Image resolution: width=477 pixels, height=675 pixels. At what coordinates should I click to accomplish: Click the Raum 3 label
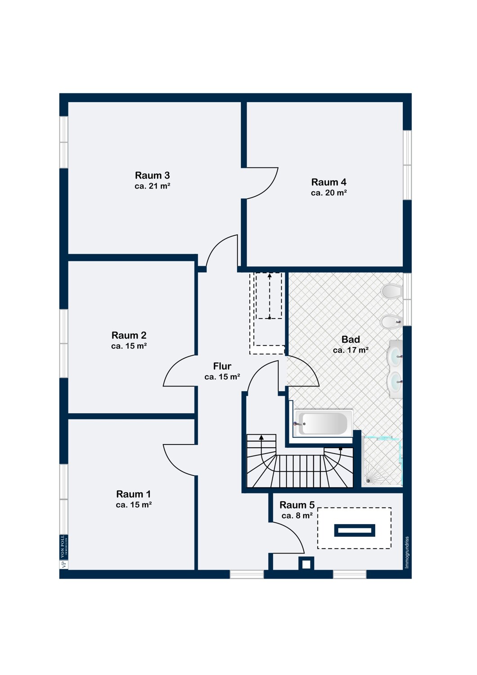[x=152, y=175]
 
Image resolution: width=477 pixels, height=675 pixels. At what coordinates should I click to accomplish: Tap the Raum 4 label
[x=328, y=182]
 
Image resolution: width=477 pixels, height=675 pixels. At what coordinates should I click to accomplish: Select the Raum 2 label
[x=129, y=335]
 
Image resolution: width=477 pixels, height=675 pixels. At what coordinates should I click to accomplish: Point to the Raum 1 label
[x=133, y=494]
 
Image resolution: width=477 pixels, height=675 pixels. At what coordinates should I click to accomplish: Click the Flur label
[x=222, y=366]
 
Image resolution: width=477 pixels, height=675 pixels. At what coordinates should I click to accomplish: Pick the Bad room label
[x=351, y=340]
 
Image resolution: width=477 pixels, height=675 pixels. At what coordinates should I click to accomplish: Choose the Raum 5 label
[x=297, y=505]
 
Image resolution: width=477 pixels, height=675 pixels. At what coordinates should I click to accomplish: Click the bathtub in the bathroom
[x=323, y=423]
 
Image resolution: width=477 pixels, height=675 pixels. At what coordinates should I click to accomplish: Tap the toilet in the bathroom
[x=391, y=291]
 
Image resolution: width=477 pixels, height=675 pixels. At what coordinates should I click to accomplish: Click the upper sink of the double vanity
[x=395, y=356]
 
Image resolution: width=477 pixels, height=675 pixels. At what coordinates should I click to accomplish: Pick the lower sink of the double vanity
[x=395, y=382]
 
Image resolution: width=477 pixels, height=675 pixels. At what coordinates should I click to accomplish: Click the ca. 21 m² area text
[x=152, y=186]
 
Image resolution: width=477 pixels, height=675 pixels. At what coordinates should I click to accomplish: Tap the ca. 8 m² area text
[x=297, y=516]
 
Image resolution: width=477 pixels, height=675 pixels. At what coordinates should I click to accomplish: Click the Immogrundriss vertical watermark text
[x=407, y=552]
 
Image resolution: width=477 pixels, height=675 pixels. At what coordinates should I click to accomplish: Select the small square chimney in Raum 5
[x=306, y=563]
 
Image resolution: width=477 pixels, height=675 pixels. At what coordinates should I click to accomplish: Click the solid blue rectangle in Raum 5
[x=355, y=531]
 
